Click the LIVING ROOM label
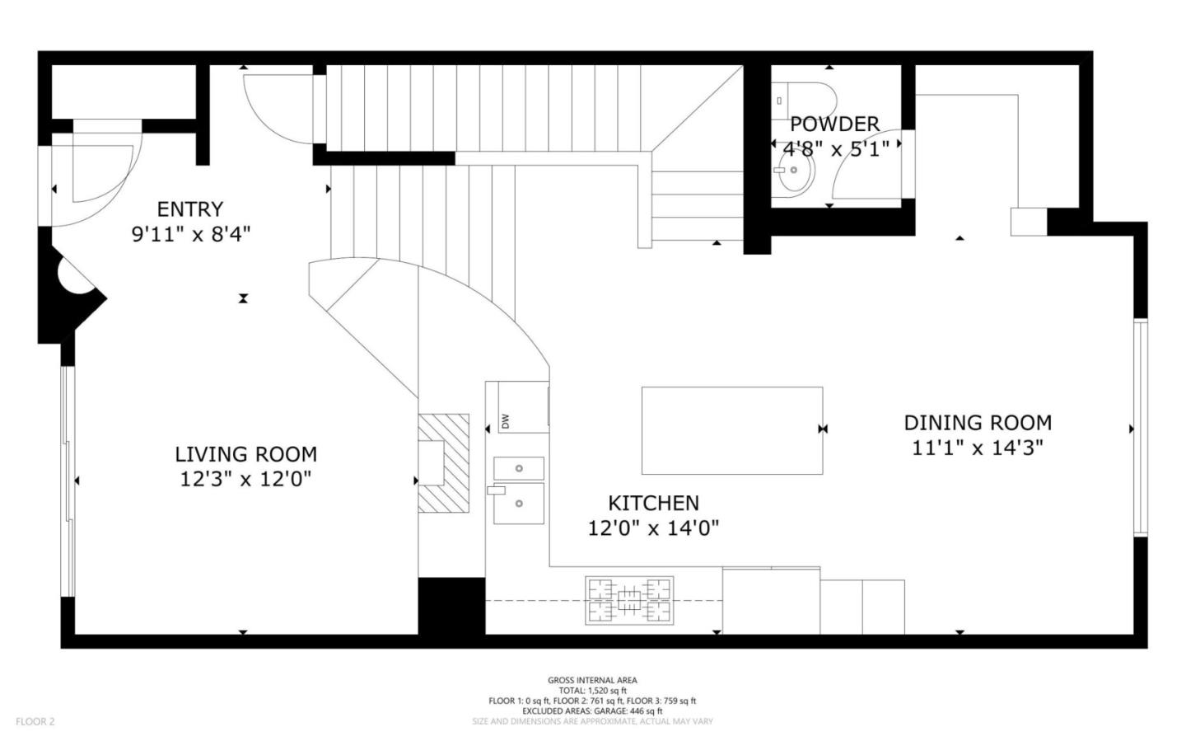coord(245,454)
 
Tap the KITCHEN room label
coord(653,503)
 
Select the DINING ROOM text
coord(978,423)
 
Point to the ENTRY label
coord(190,209)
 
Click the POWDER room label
coord(834,124)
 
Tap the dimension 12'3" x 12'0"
coord(245,479)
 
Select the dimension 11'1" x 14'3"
coord(978,448)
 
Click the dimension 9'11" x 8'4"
coord(190,234)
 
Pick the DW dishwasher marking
coord(506,421)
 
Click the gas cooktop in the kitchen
coord(629,600)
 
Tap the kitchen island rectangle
coord(731,430)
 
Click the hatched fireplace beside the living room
coord(443,462)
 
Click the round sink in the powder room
coord(795,172)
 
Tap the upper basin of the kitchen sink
coord(519,468)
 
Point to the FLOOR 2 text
coord(35,721)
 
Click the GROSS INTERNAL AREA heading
coord(592,680)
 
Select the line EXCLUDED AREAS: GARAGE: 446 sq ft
coord(592,711)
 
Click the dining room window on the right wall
coord(1140,427)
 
